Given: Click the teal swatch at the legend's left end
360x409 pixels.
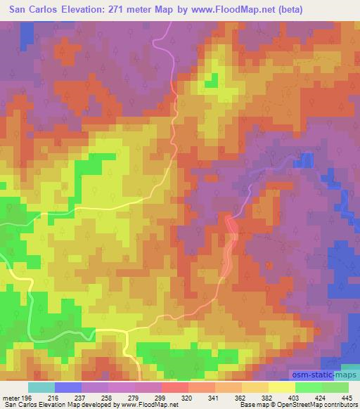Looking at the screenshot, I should [x=41, y=387].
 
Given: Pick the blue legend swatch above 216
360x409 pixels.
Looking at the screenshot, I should [x=68, y=387].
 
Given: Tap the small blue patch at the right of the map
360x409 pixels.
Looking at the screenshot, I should [x=306, y=160].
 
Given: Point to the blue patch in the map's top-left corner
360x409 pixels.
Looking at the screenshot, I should [x=26, y=32].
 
